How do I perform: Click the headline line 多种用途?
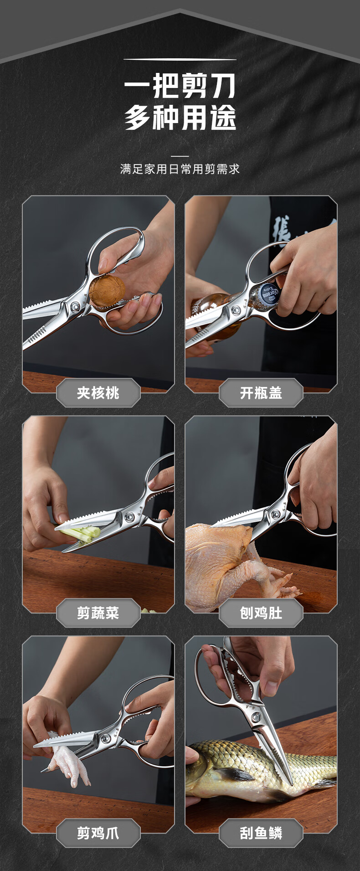[x=180, y=117]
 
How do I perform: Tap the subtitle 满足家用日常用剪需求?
[x=180, y=169]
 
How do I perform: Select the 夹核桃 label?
[x=98, y=392]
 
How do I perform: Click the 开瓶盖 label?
[x=261, y=392]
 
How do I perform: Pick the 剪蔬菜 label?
[x=98, y=613]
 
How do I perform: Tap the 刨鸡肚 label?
[x=261, y=613]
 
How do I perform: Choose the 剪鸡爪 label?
[x=98, y=833]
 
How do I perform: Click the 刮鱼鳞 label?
[x=261, y=833]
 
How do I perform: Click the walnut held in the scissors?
[x=107, y=289]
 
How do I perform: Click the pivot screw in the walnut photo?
[x=75, y=306]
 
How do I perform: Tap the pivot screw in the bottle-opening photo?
[x=237, y=310]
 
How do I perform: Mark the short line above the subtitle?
[x=180, y=156]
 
